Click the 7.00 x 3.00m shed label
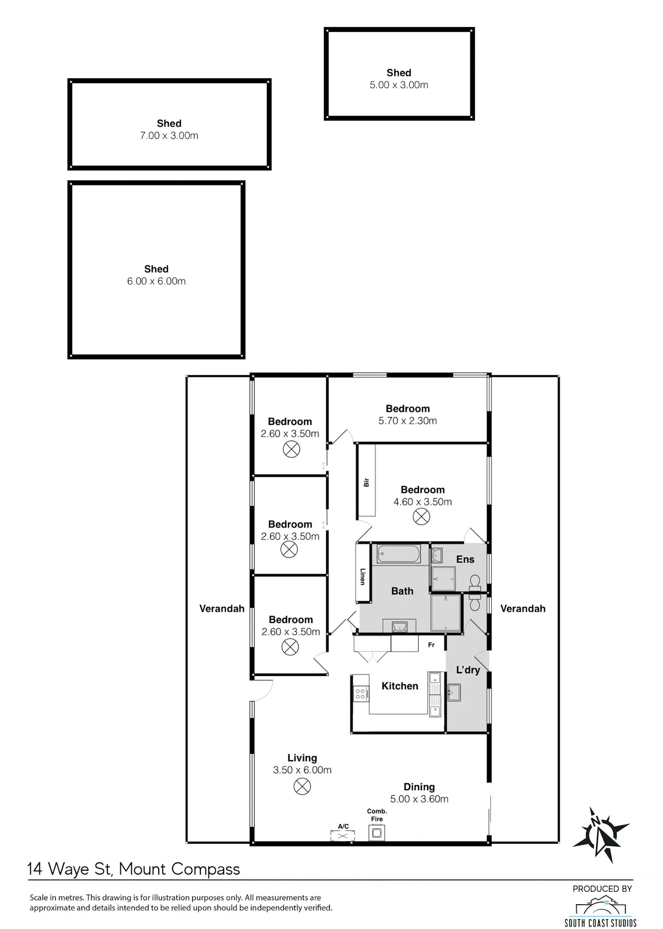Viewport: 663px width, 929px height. point(169,123)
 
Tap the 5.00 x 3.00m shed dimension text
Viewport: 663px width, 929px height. point(399,85)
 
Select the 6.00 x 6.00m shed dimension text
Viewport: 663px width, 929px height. point(156,281)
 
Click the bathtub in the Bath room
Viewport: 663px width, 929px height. point(398,554)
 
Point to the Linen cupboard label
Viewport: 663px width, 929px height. point(362,576)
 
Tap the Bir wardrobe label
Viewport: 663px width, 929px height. point(366,482)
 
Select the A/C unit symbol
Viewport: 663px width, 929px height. point(343,836)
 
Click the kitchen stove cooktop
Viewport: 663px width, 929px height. point(361,693)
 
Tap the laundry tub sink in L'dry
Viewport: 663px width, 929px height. point(454,692)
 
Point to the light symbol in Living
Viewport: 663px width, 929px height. point(302,786)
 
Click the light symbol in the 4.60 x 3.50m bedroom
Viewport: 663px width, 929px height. point(421,516)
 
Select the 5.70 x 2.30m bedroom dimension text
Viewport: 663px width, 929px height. point(408,421)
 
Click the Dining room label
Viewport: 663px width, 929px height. point(419,787)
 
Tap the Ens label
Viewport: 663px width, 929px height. point(465,559)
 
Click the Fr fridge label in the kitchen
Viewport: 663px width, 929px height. point(431,645)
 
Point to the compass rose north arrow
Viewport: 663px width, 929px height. point(601,835)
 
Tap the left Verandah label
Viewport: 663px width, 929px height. point(222,608)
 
